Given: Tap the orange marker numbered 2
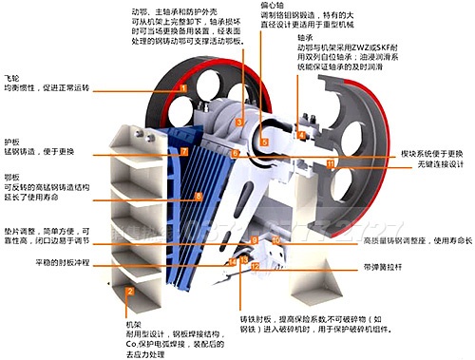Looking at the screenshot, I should (x=129, y=291).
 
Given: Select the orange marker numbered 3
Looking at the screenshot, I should (x=241, y=123).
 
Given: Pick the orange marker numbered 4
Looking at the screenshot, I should (x=301, y=135).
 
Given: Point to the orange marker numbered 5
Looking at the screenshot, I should (x=266, y=142).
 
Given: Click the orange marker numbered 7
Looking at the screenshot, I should (x=184, y=151).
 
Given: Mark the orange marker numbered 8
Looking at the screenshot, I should (x=198, y=197).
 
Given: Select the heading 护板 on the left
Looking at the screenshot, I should (x=11, y=140).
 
